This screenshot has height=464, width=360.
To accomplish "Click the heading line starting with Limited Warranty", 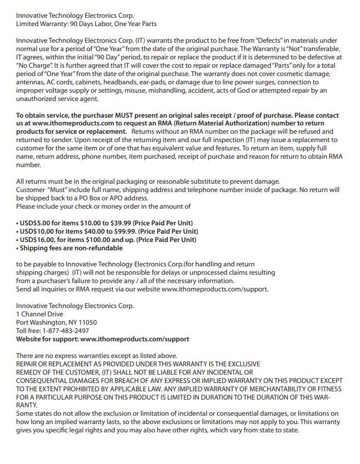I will [x=86, y=24].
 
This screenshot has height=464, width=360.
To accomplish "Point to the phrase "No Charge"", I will [x=34, y=65].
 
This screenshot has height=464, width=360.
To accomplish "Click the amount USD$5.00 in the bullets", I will [x=36, y=223].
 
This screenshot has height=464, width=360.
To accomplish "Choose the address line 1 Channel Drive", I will [x=39, y=314].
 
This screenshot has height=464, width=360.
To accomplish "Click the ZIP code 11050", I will [x=87, y=322].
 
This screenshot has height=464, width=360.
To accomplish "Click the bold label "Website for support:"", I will [x=47, y=339].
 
